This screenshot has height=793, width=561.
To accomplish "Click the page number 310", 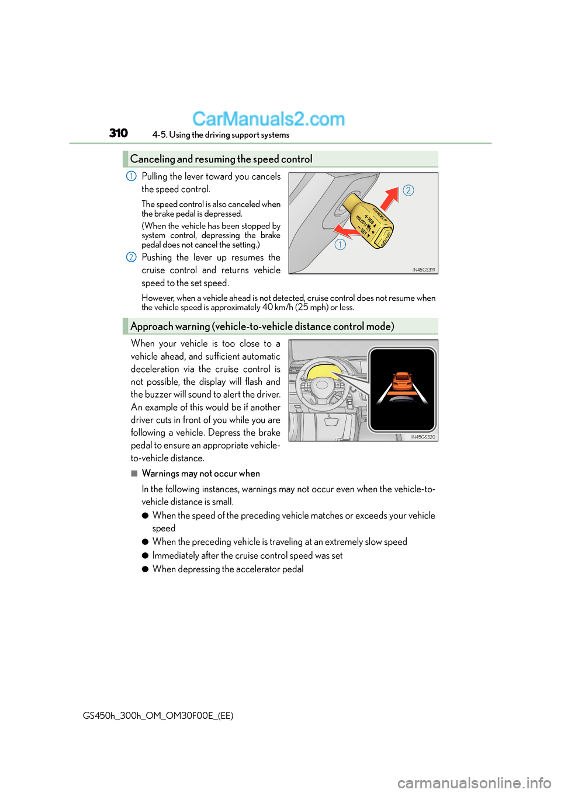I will tap(119, 133).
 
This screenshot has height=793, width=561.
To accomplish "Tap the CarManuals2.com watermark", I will tap(268, 119).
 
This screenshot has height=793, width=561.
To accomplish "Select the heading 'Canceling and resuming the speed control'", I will tap(221, 159).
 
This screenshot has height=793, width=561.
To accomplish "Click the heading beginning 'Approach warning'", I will tap(262, 326).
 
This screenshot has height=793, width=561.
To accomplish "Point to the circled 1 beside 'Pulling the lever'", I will tap(131, 176).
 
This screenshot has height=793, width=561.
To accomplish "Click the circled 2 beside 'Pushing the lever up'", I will tap(131, 258).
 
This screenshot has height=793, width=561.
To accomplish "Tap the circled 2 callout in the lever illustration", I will tap(408, 190).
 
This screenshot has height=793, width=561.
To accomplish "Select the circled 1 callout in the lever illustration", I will tap(340, 245).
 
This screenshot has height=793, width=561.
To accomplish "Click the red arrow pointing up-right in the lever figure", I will tap(390, 198).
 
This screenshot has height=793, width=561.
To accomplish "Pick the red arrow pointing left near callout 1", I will tap(348, 231).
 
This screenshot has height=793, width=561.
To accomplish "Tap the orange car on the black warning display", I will tap(402, 381).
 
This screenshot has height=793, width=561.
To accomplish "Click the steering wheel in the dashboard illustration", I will tap(321, 388).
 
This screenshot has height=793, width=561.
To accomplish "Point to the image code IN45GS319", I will tap(424, 270).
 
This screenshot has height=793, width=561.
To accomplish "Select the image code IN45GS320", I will tap(423, 437).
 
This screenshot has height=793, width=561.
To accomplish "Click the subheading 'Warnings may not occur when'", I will tap(200, 474).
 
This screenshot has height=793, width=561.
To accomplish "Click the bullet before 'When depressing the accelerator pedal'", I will tap(145, 569).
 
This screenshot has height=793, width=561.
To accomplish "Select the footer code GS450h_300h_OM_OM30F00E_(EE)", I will tap(158, 715).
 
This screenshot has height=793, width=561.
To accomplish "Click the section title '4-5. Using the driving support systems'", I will tap(221, 135).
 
